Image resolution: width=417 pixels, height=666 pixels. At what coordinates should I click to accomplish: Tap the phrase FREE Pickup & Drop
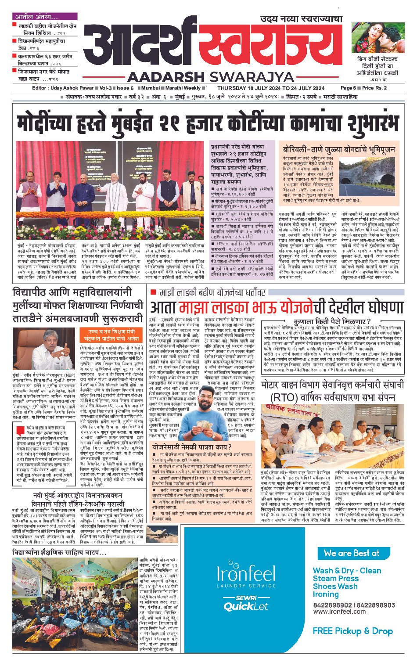(352, 631)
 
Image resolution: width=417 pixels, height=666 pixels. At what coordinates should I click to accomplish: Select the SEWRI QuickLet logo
(246, 604)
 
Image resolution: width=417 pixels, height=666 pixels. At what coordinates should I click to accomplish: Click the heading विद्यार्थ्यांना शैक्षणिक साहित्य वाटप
(59, 552)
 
